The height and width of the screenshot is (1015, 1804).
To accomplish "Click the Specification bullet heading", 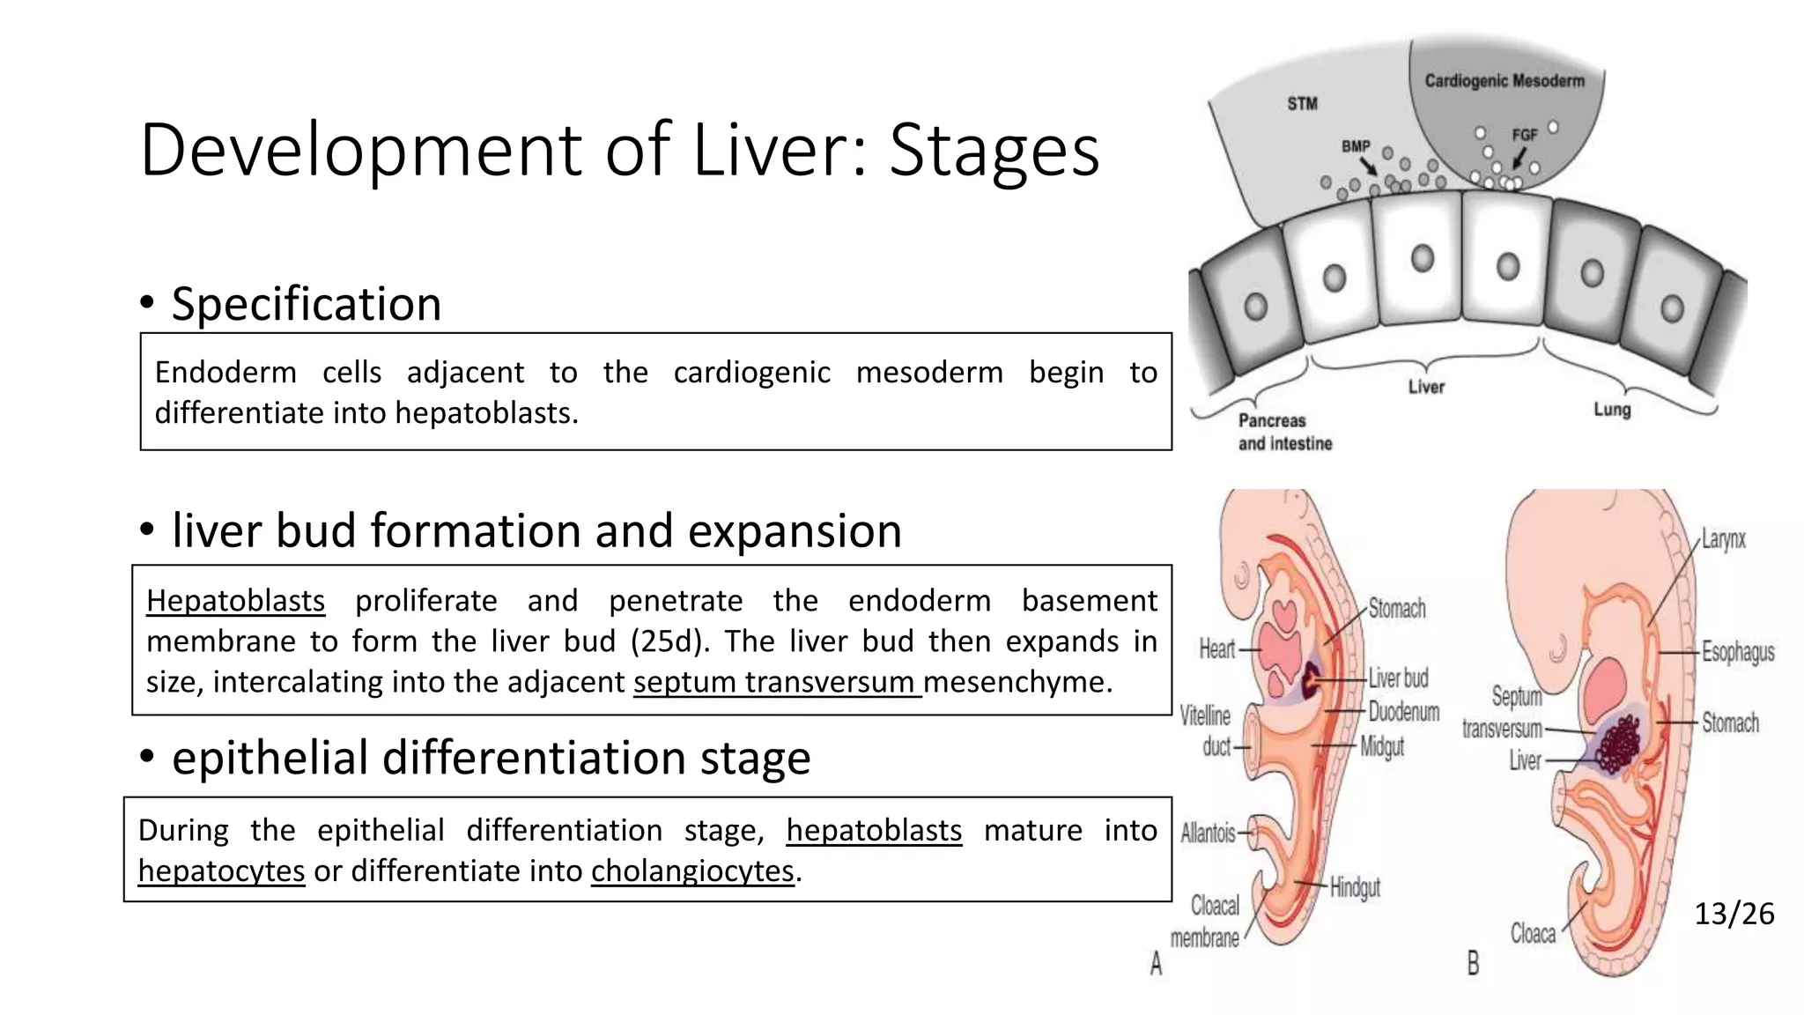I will (306, 304).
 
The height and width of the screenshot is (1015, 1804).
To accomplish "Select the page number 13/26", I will (1734, 914).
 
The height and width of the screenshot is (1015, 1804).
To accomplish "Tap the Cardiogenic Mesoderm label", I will (1504, 81).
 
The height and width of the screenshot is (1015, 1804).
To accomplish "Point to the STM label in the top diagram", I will (1302, 104).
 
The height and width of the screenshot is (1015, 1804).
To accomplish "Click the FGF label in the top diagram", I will (1524, 135).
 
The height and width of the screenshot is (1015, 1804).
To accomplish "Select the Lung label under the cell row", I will (1611, 410).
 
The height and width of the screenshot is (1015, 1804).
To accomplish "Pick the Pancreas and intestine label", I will (1283, 432).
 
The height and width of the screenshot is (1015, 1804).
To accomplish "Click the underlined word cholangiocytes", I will (692, 871).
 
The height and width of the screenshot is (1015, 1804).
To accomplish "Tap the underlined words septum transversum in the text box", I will (776, 682).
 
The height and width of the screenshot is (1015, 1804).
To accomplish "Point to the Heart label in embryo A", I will (1216, 649).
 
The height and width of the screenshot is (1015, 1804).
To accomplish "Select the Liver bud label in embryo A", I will (1398, 678).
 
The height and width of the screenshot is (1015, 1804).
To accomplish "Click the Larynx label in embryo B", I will (1723, 539).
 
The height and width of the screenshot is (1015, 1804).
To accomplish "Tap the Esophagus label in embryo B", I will (1737, 652).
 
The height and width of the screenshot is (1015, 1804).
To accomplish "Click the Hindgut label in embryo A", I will (1354, 887).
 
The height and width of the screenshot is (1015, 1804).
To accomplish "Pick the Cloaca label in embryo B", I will (1533, 933).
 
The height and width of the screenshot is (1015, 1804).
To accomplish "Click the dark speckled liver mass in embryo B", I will (1619, 744).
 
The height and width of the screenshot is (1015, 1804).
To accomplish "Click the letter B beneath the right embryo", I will (1473, 963).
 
